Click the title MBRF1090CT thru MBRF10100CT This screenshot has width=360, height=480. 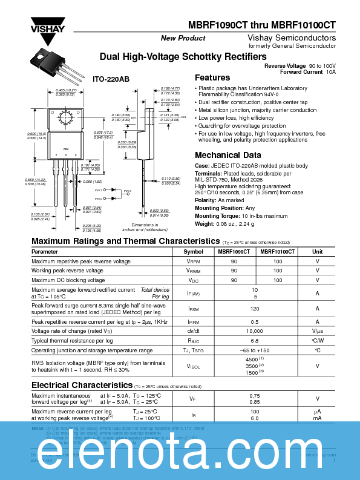click(269, 26)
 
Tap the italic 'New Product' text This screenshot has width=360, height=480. click(183, 38)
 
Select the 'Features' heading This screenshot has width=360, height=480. click(212, 77)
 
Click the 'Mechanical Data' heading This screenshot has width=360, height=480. click(228, 154)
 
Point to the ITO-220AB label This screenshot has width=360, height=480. click(111, 79)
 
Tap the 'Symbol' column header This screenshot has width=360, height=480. click(193, 251)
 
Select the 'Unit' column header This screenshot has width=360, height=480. click(317, 251)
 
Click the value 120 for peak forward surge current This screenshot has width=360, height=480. click(255, 308)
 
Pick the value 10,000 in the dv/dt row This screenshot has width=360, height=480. click(255, 331)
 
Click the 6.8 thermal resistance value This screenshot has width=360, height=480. click(255, 341)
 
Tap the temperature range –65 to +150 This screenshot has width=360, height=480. click(255, 350)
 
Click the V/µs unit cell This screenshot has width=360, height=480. click(317, 331)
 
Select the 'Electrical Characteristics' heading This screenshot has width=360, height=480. click(82, 385)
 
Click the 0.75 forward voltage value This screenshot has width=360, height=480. click(255, 396)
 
